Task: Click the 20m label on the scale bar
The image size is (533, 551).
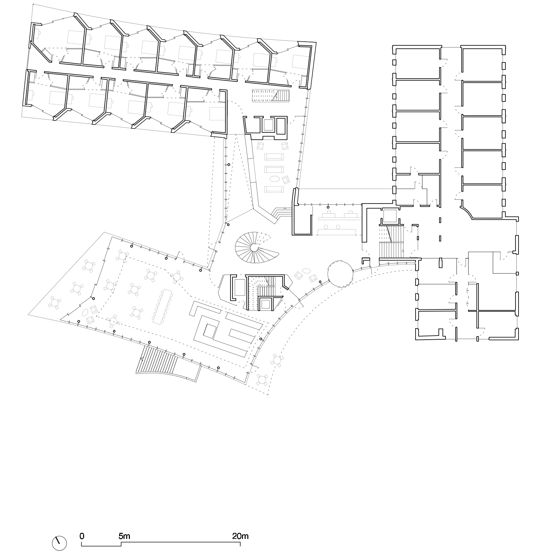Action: (x=240, y=536)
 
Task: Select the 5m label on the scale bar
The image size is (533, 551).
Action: (x=124, y=536)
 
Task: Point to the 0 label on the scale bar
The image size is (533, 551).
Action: (x=82, y=536)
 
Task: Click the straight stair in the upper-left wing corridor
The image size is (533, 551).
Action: (x=271, y=95)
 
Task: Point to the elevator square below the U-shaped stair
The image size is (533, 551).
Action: (x=265, y=304)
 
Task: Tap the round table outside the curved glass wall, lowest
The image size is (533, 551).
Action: (x=262, y=380)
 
